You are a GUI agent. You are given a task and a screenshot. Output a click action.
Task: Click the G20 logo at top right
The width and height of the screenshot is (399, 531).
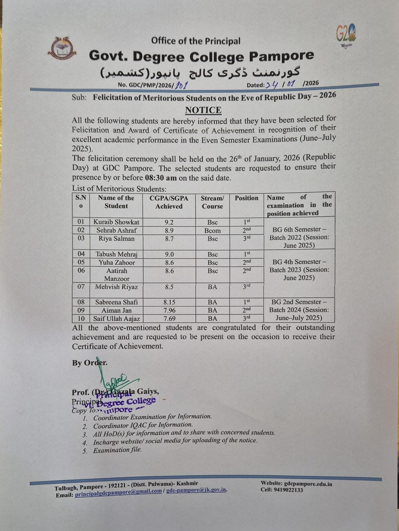point(346,35)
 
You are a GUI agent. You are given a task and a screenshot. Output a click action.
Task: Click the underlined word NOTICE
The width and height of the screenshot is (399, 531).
point(203,110)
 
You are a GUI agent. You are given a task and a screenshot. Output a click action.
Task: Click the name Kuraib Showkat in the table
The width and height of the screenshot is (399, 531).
point(116,222)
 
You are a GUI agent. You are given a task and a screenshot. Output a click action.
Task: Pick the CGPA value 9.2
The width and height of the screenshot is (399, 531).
point(169,222)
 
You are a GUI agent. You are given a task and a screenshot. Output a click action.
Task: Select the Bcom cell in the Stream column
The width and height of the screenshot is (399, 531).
point(212,231)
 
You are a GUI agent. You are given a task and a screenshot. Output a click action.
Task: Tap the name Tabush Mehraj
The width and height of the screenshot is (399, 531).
point(116,254)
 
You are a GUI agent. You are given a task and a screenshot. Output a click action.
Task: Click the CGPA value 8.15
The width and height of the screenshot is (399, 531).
point(169,302)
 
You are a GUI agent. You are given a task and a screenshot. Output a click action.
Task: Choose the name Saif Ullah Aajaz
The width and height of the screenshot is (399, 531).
point(117,319)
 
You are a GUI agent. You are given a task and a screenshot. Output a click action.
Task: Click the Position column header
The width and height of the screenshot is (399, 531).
point(246,198)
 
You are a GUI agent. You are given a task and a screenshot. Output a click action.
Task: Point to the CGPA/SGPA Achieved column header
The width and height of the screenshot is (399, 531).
point(169,202)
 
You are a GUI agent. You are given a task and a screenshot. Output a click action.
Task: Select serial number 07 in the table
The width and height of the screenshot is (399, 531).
point(81,287)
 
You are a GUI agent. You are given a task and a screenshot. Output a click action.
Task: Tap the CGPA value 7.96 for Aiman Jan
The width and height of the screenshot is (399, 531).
point(169,310)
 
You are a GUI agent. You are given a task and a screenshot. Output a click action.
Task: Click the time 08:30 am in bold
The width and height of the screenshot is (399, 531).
point(161,178)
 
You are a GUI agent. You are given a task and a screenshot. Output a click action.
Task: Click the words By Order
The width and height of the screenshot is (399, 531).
point(90,362)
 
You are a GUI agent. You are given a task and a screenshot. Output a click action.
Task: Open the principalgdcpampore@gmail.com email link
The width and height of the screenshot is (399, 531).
point(118,492)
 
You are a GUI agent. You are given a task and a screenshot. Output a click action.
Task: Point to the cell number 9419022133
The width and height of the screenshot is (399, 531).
point(287,490)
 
